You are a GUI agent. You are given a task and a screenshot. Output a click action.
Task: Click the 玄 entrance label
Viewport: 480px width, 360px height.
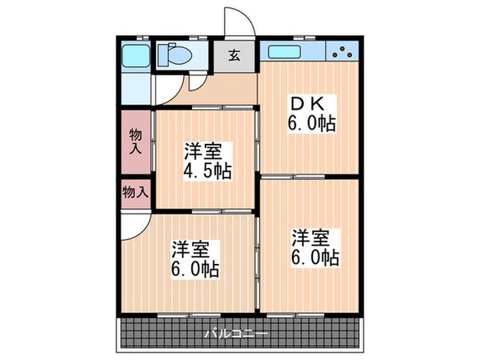click(x=235, y=56)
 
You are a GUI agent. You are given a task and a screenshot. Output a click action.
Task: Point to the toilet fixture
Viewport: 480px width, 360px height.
click(x=173, y=56)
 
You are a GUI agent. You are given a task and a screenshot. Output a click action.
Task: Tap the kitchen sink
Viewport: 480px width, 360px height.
click(x=285, y=54)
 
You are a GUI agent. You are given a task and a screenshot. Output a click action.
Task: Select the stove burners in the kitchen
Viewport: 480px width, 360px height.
click(x=345, y=53)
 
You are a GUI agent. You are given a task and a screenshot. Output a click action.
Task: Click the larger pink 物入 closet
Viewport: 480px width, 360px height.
click(x=135, y=142)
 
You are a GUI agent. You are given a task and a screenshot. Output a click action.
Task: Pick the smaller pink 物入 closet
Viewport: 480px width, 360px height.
click(x=135, y=193)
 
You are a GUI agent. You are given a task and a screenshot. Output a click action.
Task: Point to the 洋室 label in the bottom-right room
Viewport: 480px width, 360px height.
click(x=310, y=238)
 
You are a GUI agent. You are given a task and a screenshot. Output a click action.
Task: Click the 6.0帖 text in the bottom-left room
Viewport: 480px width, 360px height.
click(x=195, y=269)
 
